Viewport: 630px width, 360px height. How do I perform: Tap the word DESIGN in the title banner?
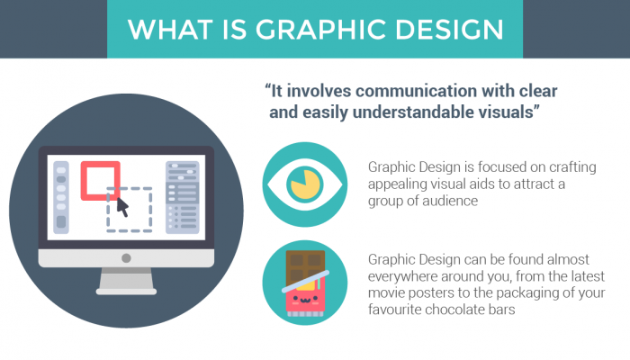click(451, 29)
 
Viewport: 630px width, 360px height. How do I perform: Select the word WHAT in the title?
click(168, 29)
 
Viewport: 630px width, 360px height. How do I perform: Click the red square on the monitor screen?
click(101, 180)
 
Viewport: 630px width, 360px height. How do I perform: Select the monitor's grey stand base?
click(127, 286)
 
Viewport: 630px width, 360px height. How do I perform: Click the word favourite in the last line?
click(397, 311)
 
